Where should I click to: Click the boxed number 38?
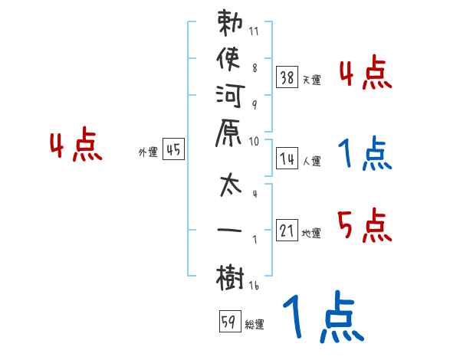click(x=287, y=77)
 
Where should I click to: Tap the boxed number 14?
click(x=287, y=159)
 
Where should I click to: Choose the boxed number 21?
click(x=287, y=231)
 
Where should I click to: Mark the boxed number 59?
click(x=229, y=322)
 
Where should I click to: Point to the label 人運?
click(x=312, y=162)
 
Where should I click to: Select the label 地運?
click(x=312, y=234)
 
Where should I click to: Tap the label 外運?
click(x=148, y=152)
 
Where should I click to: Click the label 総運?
click(x=255, y=325)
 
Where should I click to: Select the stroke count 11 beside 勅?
click(x=254, y=33)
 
